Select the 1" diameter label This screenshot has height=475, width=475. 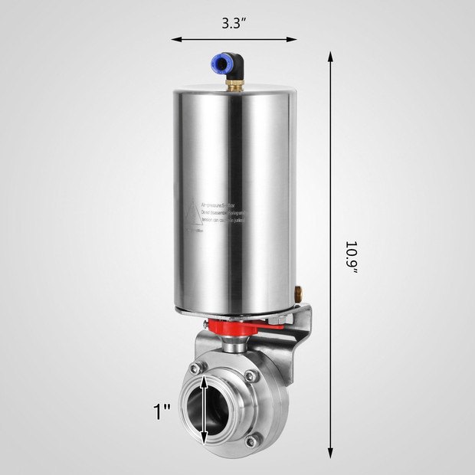click(x=161, y=412)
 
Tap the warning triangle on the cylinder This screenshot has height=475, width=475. click(x=189, y=217)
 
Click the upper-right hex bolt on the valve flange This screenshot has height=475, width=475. click(x=248, y=375)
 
